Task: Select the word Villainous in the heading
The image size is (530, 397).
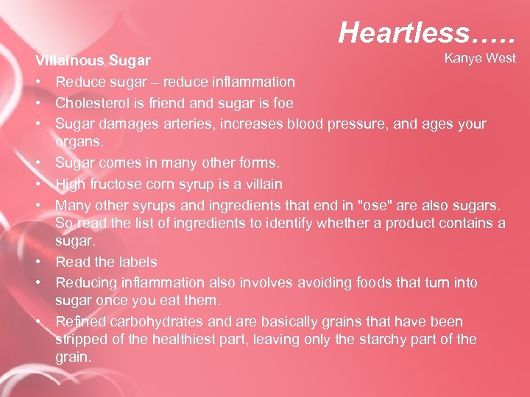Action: [x=70, y=60]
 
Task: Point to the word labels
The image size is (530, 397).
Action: [x=136, y=262]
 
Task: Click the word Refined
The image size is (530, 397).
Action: [x=80, y=322]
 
